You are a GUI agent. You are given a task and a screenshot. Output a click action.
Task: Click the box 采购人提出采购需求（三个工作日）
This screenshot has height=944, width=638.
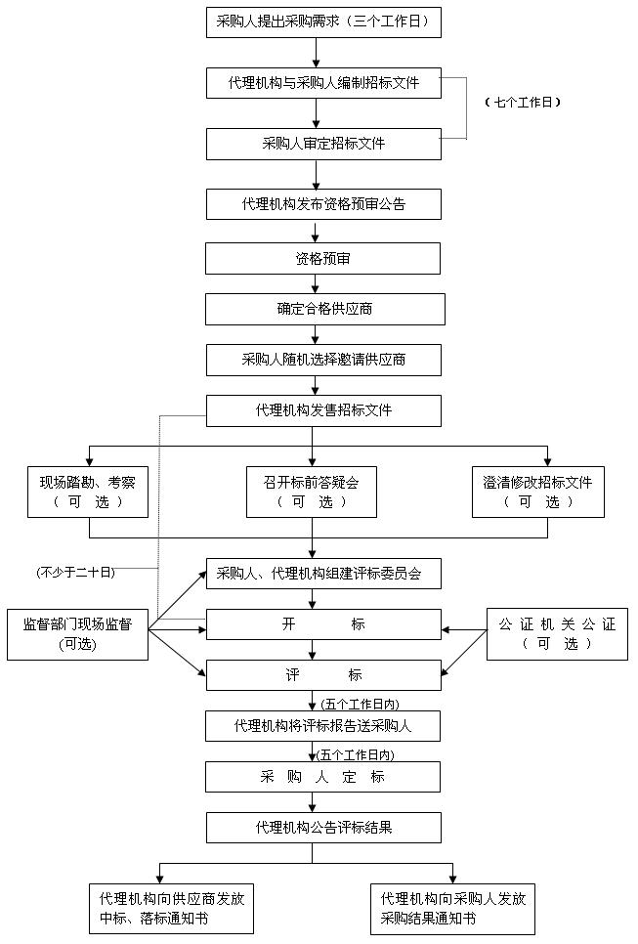pos(323,21)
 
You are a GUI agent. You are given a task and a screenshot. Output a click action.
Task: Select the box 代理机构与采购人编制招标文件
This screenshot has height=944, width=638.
pos(323,83)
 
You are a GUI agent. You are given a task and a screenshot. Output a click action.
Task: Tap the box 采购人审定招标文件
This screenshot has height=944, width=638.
pos(323,144)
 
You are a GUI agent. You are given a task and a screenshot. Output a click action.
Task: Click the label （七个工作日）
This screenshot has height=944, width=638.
pos(524,102)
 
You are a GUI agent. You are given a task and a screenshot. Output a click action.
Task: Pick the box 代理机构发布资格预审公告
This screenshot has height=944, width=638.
pos(323,204)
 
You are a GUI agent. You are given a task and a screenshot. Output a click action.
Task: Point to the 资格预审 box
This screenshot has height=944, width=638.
pos(323,259)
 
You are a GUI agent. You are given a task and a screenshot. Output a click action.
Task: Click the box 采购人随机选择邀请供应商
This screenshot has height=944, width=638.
pos(323,360)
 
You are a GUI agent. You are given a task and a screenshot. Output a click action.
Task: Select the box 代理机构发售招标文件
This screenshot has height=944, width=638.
pos(323,410)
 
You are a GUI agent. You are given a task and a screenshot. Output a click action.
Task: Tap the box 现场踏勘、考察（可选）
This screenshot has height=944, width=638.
pos(89,492)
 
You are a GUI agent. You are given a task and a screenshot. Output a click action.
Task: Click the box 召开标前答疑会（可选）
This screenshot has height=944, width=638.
pos(312,492)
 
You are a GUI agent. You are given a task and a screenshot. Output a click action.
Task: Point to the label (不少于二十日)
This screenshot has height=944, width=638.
pos(76,572)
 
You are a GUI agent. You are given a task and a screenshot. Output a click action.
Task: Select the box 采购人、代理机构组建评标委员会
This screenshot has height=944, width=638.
pos(323,574)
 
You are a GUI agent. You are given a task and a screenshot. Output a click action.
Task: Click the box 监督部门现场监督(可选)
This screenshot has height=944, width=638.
pos(77,633)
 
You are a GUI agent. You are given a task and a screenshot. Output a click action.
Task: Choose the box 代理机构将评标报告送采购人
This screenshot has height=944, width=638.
pos(323,726)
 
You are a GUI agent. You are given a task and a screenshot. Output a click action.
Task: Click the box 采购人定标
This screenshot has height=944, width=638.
pos(323,777)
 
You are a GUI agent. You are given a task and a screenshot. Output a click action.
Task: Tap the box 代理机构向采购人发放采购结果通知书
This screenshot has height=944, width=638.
pos(453,909)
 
